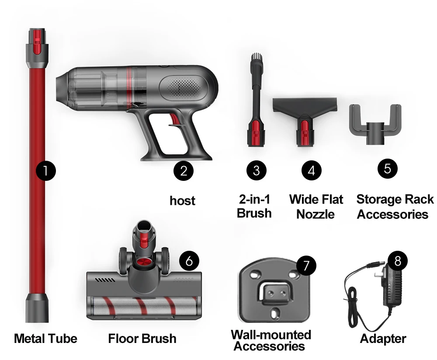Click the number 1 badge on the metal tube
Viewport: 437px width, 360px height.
point(46,170)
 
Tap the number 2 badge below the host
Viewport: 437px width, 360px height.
point(184,170)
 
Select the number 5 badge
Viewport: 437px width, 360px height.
point(388,169)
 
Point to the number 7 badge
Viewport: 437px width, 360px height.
point(306,265)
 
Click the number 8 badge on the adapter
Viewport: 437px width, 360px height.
point(397,261)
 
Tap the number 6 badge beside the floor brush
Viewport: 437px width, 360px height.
point(189,261)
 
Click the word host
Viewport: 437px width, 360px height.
point(183,201)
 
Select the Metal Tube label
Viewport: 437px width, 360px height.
point(46,339)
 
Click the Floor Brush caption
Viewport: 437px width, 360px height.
point(142,339)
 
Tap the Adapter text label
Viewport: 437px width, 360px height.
point(383,339)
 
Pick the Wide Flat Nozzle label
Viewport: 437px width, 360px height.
point(316,207)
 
